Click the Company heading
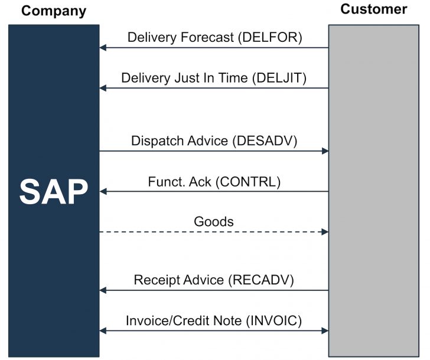pyautogui.click(x=54, y=11)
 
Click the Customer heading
pyautogui.click(x=374, y=9)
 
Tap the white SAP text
pyautogui.click(x=54, y=191)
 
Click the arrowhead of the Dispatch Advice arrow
pyautogui.click(x=324, y=151)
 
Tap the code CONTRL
pyautogui.click(x=247, y=182)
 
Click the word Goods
pyautogui.click(x=214, y=222)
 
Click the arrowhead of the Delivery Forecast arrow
pyautogui.click(x=103, y=47)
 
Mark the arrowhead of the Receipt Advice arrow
pyautogui.click(x=103, y=290)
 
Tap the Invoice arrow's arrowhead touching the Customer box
pyautogui.click(x=324, y=331)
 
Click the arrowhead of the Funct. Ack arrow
pyautogui.click(x=103, y=191)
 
